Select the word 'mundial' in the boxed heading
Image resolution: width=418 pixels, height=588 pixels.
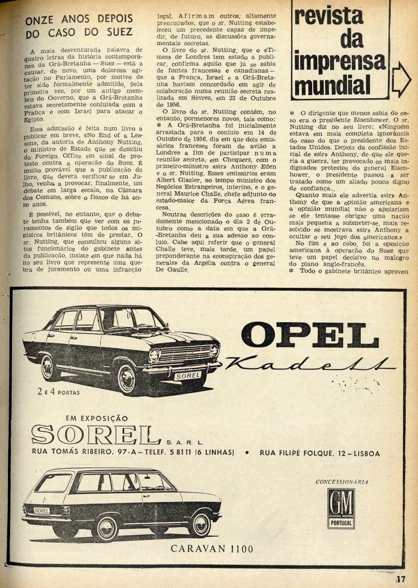coord(332,85)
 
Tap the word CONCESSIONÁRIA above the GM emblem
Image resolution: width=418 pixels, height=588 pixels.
coord(342,482)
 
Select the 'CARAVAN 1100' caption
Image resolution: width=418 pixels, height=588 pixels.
coord(212,548)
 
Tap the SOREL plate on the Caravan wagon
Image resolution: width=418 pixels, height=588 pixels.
coord(42,511)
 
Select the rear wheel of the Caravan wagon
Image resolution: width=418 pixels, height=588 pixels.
coord(107,528)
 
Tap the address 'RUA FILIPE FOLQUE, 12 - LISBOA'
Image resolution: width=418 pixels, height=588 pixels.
coord(320,453)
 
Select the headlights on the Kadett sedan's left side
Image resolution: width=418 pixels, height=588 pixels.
coord(155,356)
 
